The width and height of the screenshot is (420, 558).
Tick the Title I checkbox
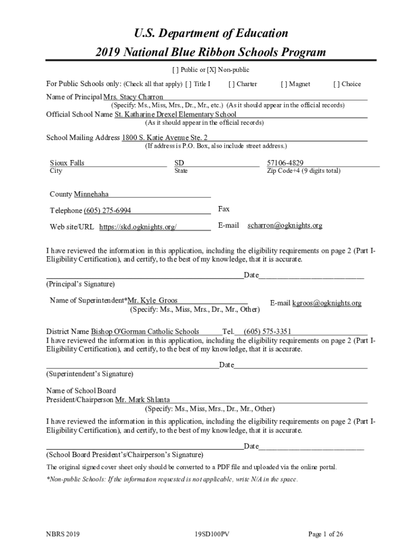pos(188,84)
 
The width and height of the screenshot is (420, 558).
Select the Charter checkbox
pos(231,84)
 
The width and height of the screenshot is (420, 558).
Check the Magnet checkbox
pos(284,84)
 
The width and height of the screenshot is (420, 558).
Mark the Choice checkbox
pos(337,84)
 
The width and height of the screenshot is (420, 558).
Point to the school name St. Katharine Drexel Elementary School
pos(175,114)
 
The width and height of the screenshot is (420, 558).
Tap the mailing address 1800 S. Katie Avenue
pos(164,138)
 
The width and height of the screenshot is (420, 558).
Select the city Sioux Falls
pos(67,163)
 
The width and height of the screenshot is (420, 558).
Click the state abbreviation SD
pos(179,163)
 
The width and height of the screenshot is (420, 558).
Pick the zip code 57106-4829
pos(285,163)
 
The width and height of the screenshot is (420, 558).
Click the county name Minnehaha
pos(91,194)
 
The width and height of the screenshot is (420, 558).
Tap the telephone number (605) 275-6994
pos(107,211)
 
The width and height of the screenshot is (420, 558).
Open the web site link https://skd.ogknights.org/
pos(137,227)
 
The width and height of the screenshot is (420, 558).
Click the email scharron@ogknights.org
pos(285,225)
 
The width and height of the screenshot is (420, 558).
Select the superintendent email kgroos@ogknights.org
pos(327,303)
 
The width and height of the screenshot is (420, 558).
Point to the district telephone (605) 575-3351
pos(267,331)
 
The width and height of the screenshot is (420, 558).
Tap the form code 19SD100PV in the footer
pos(210,535)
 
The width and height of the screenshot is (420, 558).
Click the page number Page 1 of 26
pos(326,535)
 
